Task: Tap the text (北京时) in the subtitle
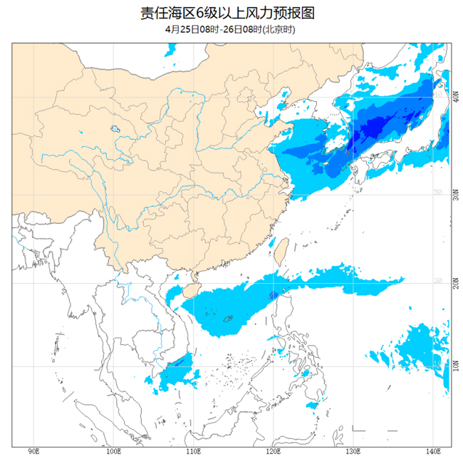[279, 29]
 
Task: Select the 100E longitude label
[113, 452]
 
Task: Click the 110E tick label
[193, 452]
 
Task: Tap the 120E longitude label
[273, 452]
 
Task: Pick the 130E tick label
[353, 452]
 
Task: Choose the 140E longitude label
[432, 452]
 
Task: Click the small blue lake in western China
[114, 130]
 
